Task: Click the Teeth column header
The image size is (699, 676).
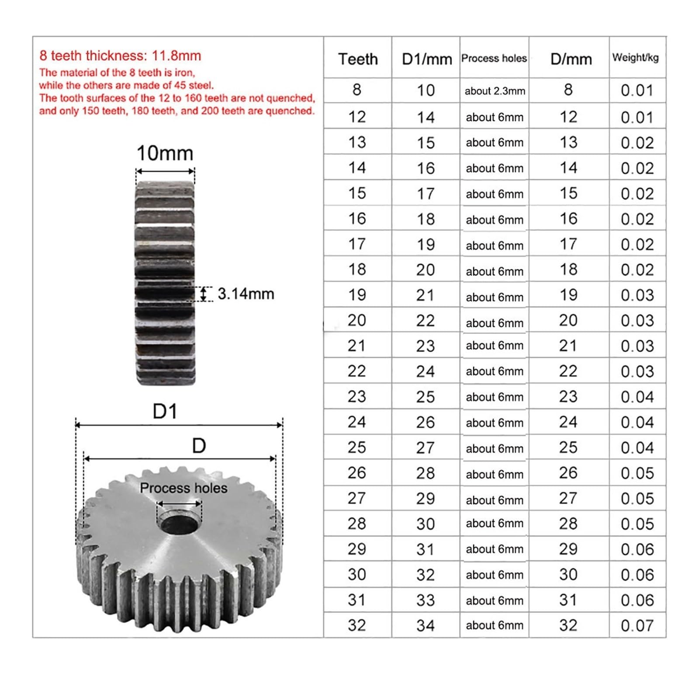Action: click(358, 59)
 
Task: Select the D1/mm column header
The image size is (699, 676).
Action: click(426, 59)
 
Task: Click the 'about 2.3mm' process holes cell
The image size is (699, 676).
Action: click(495, 91)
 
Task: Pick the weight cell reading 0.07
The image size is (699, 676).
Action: click(637, 625)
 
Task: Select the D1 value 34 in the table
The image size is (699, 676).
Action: click(426, 625)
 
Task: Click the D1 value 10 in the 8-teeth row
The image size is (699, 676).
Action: click(426, 90)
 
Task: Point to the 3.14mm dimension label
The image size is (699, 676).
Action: click(246, 294)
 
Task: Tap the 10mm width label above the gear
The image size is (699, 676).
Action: click(165, 153)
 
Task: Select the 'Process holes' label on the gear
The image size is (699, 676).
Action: click(183, 488)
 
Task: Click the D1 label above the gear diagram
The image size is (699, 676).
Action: click(165, 412)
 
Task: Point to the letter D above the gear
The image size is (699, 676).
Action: click(199, 446)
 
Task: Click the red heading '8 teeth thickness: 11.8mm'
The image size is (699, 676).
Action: click(120, 56)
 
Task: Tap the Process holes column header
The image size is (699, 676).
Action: click(494, 58)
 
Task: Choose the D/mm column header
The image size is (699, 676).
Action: click(571, 59)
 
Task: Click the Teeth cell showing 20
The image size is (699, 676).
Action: click(357, 320)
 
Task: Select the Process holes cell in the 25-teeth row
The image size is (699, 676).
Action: click(495, 448)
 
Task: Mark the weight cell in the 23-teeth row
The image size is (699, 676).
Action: click(637, 397)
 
